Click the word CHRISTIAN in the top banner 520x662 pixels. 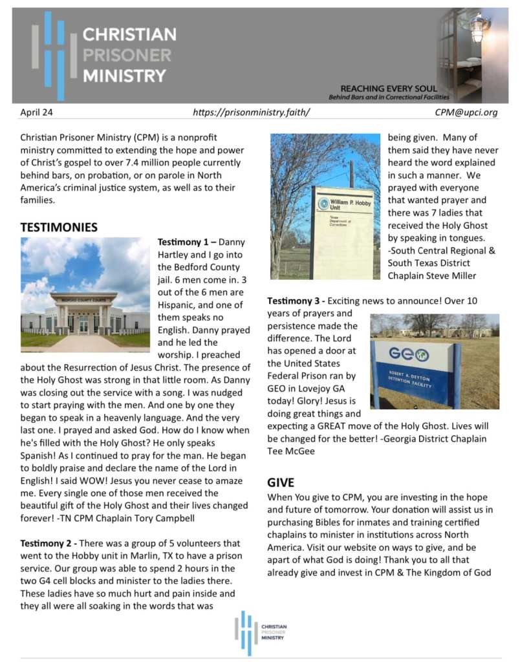click(129, 34)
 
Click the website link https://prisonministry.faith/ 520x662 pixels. click(252, 112)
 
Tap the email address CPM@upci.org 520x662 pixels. click(466, 112)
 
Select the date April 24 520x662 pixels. click(36, 112)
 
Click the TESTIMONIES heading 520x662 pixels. click(59, 228)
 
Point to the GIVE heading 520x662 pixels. click(281, 482)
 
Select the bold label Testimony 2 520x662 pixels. click(42, 543)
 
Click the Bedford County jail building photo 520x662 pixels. click(85, 295)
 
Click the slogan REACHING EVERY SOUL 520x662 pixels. click(388, 89)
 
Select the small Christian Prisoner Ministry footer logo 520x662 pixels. click(260, 632)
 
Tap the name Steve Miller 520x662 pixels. click(452, 276)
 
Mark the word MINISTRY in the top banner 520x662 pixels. click(124, 76)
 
